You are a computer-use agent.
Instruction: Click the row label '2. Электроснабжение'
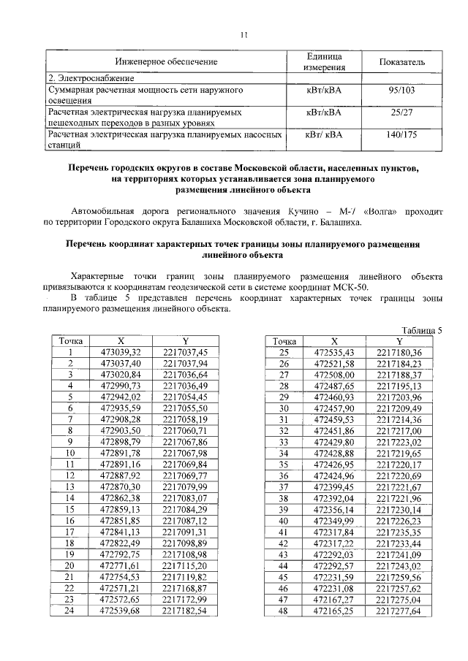[91, 77]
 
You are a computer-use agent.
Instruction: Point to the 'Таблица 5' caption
[423, 330]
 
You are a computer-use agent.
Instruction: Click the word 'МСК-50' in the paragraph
[353, 286]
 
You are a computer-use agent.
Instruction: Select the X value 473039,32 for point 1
[120, 352]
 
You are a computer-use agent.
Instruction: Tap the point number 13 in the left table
[71, 486]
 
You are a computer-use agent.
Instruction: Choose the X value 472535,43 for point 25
[334, 352]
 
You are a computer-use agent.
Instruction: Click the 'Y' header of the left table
[186, 341]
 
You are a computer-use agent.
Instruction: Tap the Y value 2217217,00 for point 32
[399, 431]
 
